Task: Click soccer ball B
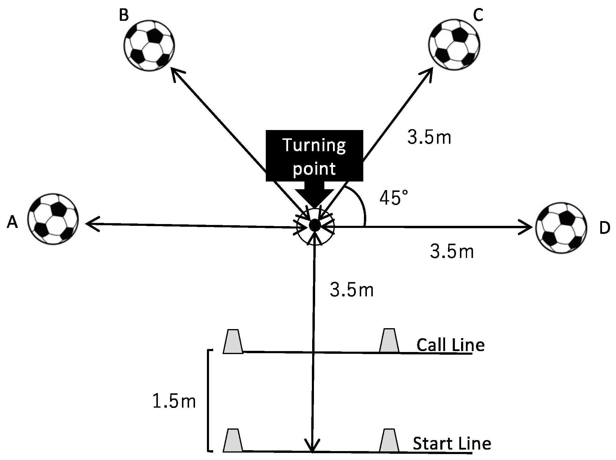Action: coord(149,45)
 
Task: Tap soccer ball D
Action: coord(562,228)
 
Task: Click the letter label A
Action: coord(12,222)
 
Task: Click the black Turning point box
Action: coord(314,156)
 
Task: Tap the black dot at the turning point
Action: coord(314,225)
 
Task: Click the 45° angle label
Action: coord(394,198)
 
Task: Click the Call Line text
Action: coord(450,345)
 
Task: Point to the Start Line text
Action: coord(452,443)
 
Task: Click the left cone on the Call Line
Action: coord(233,342)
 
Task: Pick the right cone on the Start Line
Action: coord(389,441)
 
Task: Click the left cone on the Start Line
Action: coord(233,441)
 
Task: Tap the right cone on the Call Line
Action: coord(389,341)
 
